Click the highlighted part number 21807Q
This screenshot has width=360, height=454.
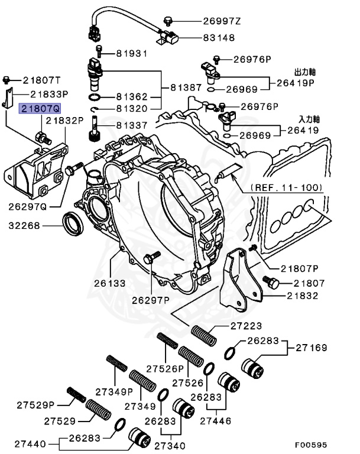coord(40,109)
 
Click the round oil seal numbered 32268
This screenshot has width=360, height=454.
coord(74,225)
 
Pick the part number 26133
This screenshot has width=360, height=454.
coord(109,283)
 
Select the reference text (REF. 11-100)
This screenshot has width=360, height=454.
coord(287,187)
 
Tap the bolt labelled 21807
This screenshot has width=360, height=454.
coord(273,284)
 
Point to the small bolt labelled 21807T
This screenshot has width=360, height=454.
coord(7,79)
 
